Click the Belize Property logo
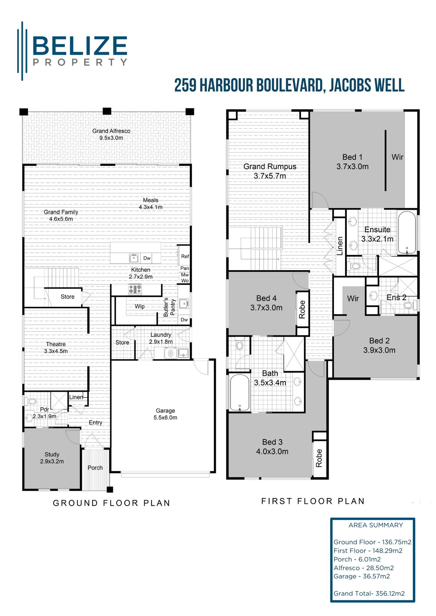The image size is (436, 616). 73,51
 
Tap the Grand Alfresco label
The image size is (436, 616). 111,134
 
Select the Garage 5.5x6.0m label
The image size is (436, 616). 165,414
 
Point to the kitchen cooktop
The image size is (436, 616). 135,289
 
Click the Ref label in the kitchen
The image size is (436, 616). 185,256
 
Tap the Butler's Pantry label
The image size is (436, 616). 169,307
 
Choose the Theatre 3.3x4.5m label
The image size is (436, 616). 56,348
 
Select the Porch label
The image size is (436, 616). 95,468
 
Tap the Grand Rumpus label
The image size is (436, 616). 270,171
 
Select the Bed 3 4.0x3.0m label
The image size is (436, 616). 272,447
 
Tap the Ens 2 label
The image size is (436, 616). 396,297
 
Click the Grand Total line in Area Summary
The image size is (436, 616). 369,594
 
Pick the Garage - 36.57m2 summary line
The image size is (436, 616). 361,576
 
